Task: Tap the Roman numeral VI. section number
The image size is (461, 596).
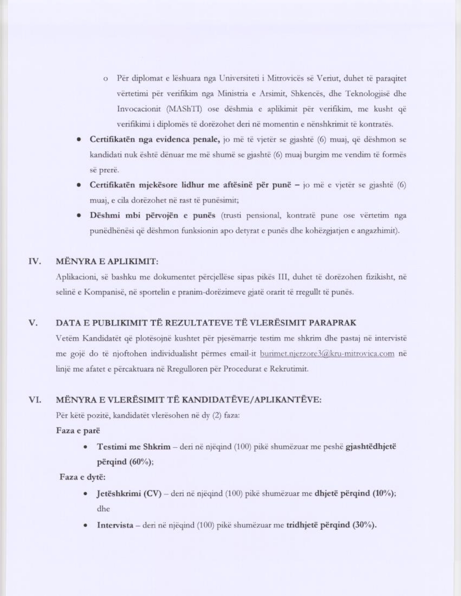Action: click(x=35, y=400)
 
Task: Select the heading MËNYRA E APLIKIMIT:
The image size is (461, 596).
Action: click(x=107, y=262)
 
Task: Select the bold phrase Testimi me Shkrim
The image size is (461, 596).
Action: click(x=133, y=446)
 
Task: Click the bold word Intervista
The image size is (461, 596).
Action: click(x=115, y=525)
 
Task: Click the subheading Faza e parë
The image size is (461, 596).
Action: click(x=78, y=431)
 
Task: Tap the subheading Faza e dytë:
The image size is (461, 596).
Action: click(x=82, y=477)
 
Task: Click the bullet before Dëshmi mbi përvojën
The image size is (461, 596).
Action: click(x=78, y=216)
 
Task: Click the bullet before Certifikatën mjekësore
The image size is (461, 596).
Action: click(x=78, y=185)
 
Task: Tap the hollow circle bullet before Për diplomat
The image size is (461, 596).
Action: click(x=106, y=79)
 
